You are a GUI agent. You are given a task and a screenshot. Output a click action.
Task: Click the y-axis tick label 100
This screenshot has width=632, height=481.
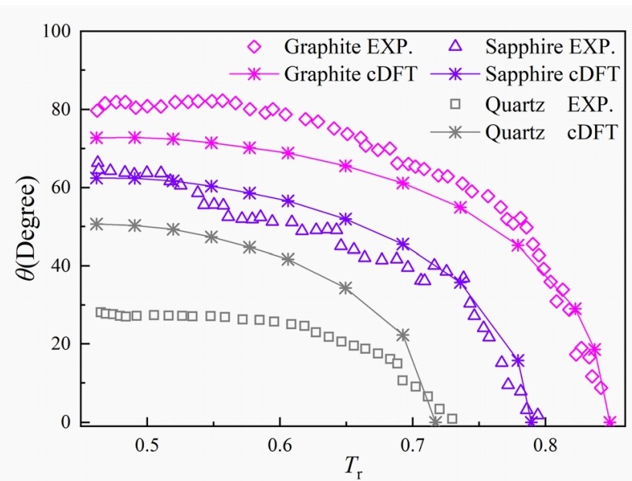point(56,32)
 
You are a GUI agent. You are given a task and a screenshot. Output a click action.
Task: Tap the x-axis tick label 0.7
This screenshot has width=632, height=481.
point(412,444)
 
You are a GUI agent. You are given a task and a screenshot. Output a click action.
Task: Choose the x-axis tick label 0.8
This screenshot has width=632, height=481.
point(546,444)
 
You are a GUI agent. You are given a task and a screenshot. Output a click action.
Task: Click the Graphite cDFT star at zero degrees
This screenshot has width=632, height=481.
point(610,422)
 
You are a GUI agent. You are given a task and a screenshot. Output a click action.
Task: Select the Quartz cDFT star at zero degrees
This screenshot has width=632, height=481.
point(435,422)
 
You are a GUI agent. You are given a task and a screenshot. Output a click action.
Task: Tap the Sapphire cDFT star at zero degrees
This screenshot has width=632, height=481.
point(531,422)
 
